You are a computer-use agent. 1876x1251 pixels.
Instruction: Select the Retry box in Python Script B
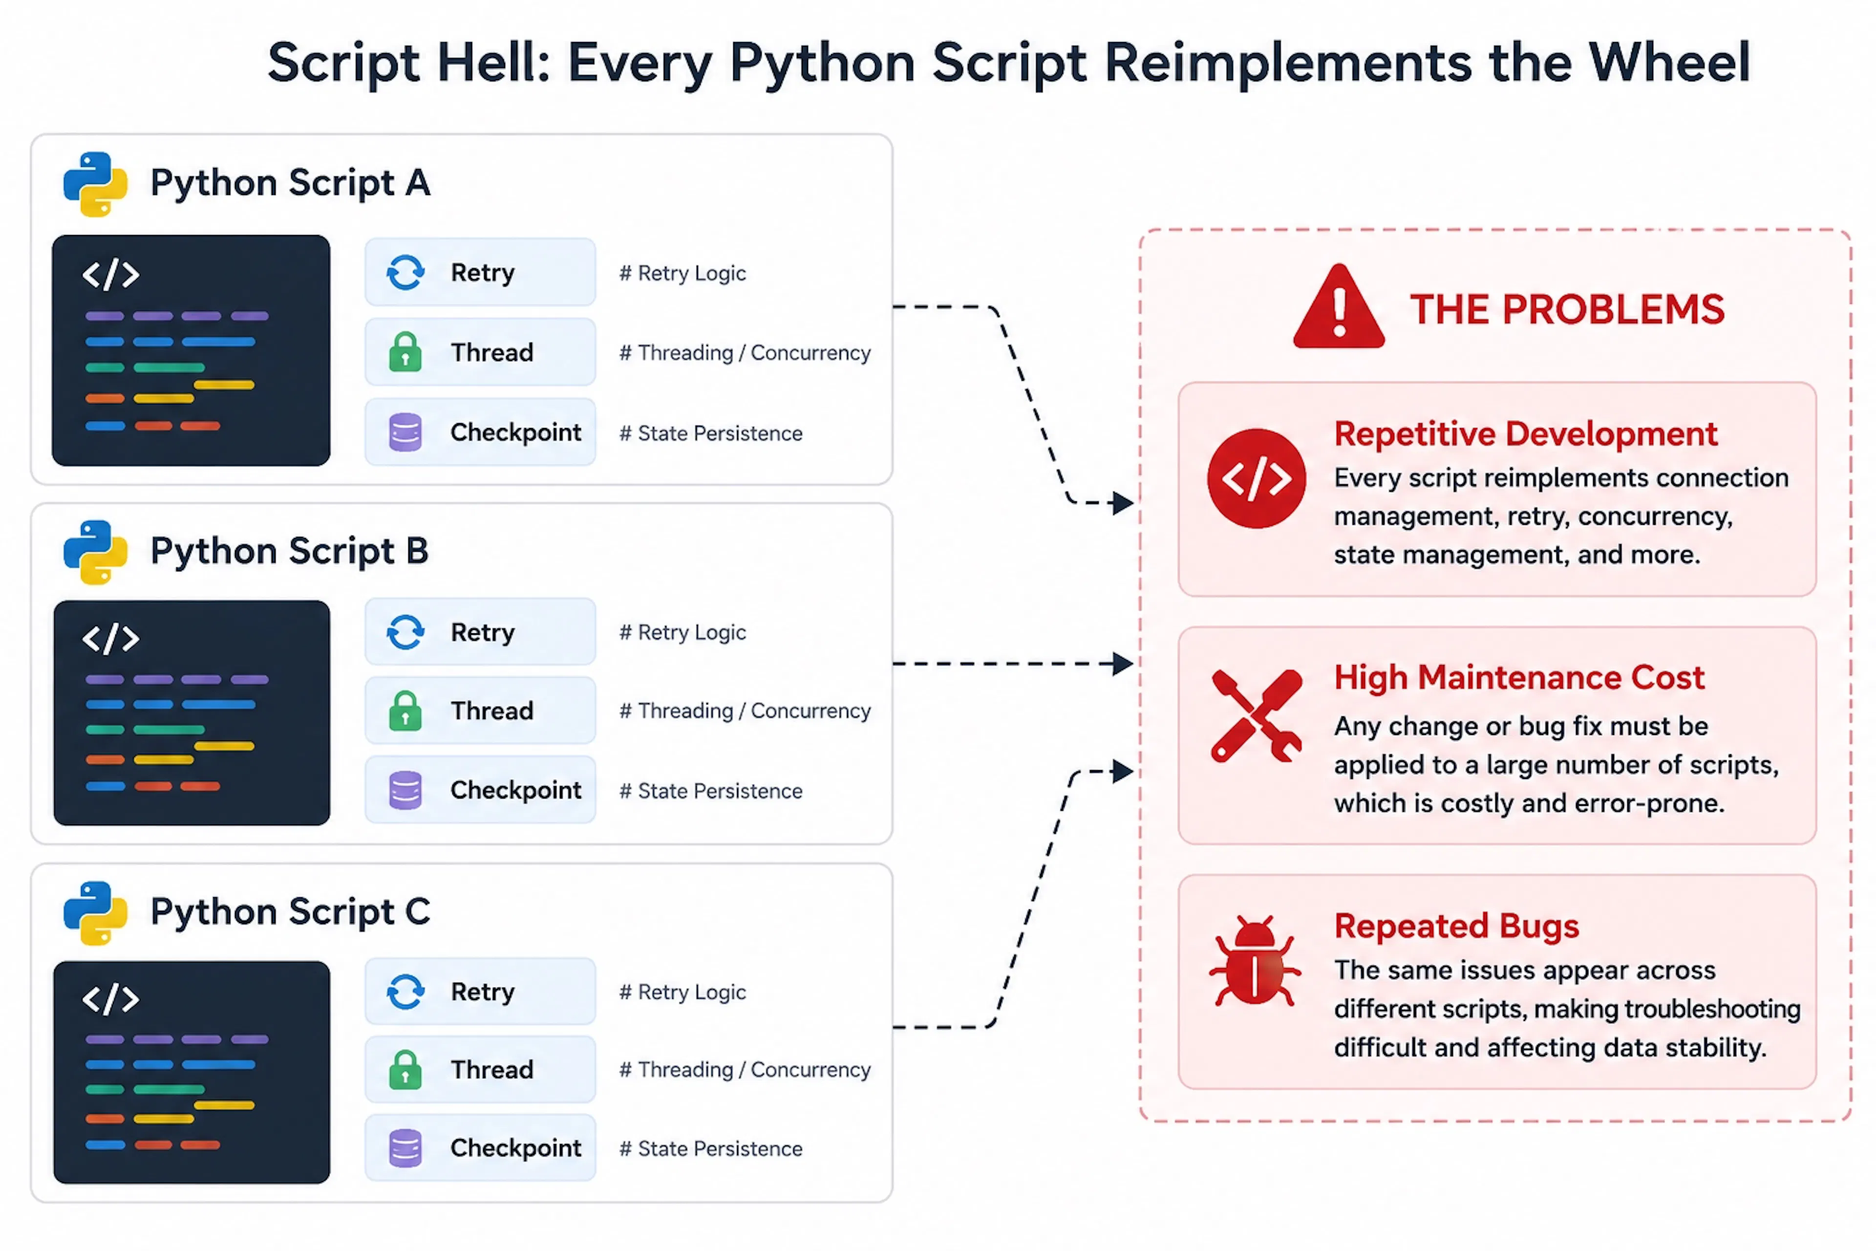coord(480,632)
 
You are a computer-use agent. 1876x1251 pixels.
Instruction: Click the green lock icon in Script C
coord(405,1069)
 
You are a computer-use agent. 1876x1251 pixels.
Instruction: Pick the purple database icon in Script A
coord(405,432)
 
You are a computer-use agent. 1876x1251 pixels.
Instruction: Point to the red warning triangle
coord(1339,307)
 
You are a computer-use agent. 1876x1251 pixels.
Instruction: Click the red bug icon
coord(1255,961)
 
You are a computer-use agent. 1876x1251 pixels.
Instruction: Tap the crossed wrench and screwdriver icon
coord(1256,715)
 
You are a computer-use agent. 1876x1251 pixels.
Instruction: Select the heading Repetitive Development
coord(1525,434)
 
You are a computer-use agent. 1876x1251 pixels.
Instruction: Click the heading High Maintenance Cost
coord(1519,677)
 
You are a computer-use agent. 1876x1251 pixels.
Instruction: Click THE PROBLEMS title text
coord(1567,309)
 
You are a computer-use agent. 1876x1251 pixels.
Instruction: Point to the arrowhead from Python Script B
coord(1124,664)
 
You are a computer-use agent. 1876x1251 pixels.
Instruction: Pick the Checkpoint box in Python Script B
coord(480,790)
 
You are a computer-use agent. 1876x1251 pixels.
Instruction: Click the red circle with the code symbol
coord(1256,479)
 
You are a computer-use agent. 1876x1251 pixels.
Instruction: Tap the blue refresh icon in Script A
coord(405,273)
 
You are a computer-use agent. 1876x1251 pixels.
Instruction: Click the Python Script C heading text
coord(290,911)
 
